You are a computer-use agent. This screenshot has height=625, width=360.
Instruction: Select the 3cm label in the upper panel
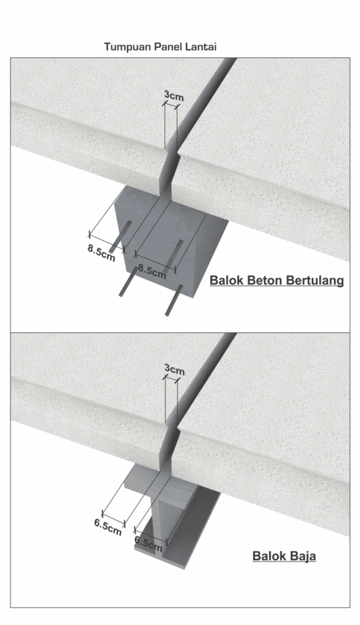(174, 96)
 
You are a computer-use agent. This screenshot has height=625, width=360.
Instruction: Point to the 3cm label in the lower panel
(175, 370)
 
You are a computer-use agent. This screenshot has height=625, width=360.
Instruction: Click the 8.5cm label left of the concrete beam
(101, 253)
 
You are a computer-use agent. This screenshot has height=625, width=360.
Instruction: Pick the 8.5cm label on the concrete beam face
(152, 271)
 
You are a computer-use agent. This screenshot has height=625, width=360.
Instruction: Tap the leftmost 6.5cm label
(108, 527)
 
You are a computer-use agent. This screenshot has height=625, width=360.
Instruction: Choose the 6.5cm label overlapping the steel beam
(149, 544)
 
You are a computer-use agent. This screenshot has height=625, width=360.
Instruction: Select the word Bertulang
(314, 280)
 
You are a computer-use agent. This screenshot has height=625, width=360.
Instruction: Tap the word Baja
(301, 556)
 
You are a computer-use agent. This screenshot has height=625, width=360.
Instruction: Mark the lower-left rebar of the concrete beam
(128, 282)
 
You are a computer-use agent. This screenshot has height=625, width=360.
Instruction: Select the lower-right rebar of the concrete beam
(174, 300)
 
